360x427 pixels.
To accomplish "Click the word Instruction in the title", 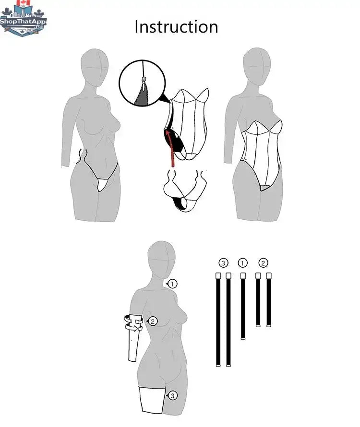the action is point(176,27).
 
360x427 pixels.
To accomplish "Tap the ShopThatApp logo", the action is point(23,19).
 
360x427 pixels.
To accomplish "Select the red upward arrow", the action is point(170,148).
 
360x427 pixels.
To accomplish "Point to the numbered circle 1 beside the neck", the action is point(172,284).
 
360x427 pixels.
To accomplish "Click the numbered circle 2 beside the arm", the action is point(153,321).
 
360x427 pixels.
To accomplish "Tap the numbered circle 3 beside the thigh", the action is point(172,395).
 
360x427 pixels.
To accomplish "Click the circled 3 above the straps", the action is point(223,263).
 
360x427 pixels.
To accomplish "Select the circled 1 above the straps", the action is point(242,263).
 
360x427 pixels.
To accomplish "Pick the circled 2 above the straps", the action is point(263,263).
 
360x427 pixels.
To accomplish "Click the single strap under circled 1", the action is point(243,306).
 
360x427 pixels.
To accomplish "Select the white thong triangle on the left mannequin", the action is point(103,184).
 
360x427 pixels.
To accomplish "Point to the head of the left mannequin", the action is point(95,67).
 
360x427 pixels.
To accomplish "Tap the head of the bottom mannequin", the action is point(161,259).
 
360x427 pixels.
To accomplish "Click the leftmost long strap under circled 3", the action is point(218,320).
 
